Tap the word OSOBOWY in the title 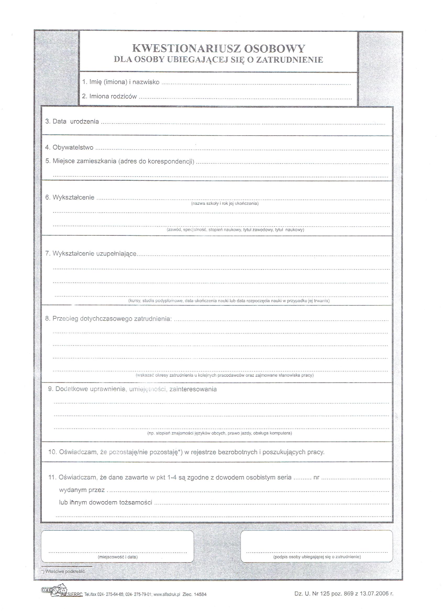(274, 49)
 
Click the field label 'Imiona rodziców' (113, 96)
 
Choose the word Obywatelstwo (73, 147)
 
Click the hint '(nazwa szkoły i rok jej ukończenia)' (225, 203)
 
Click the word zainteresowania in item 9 (193, 390)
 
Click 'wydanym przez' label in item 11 (82, 490)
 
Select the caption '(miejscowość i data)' (118, 557)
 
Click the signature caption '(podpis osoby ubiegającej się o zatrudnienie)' (317, 557)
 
